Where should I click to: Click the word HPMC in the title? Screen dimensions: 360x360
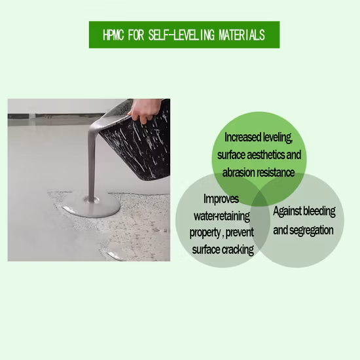[116, 35]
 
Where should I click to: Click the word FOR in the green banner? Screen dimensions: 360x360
[140, 35]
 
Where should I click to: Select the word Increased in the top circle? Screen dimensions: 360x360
[242, 138]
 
